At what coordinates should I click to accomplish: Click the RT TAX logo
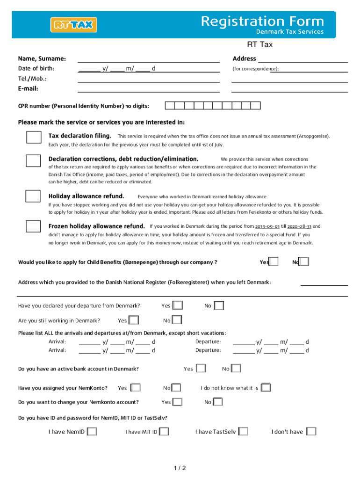[x=74, y=25]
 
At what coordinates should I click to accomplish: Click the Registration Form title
[x=262, y=21]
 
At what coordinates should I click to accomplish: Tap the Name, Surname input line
[x=148, y=58]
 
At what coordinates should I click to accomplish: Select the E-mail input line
[x=148, y=88]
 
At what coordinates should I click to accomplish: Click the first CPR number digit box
[x=171, y=106]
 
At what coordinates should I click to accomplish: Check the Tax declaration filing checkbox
[x=33, y=138]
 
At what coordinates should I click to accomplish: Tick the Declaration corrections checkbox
[x=33, y=160]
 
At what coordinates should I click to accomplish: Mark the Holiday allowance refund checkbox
[x=33, y=196]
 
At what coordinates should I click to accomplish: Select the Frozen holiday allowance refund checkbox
[x=33, y=226]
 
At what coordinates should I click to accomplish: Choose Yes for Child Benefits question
[x=274, y=261]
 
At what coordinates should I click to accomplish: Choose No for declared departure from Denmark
[x=219, y=305]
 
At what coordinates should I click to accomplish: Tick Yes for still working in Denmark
[x=134, y=320]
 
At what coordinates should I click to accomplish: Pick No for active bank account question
[x=236, y=369]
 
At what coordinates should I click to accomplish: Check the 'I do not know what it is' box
[x=266, y=388]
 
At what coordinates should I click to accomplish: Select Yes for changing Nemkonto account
[x=178, y=402]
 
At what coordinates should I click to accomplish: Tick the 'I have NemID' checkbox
[x=92, y=431]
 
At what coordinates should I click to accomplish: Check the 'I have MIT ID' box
[x=164, y=431]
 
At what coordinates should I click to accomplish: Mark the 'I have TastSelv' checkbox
[x=243, y=431]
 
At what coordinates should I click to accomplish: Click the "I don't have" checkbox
[x=311, y=431]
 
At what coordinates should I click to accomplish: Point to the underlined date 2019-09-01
[x=267, y=226]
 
